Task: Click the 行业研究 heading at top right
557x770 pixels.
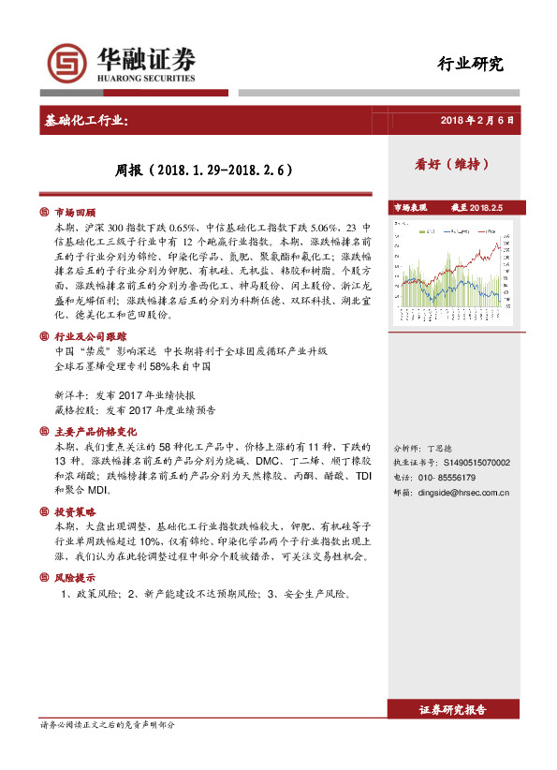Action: (x=470, y=65)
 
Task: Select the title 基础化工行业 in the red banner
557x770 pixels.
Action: (x=94, y=122)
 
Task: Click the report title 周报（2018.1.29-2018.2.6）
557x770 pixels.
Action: (x=204, y=170)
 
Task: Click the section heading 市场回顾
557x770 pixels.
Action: (x=76, y=213)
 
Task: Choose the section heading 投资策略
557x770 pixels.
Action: (x=76, y=512)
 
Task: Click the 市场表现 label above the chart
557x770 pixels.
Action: (x=409, y=207)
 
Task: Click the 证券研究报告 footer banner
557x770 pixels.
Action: (x=453, y=711)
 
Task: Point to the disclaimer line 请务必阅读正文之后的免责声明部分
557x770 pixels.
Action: (x=108, y=726)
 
